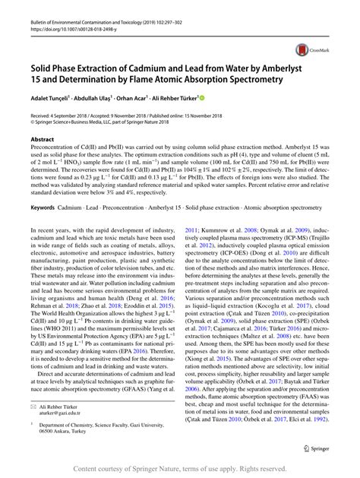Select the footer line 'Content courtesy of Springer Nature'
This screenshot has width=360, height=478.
[180, 468]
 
